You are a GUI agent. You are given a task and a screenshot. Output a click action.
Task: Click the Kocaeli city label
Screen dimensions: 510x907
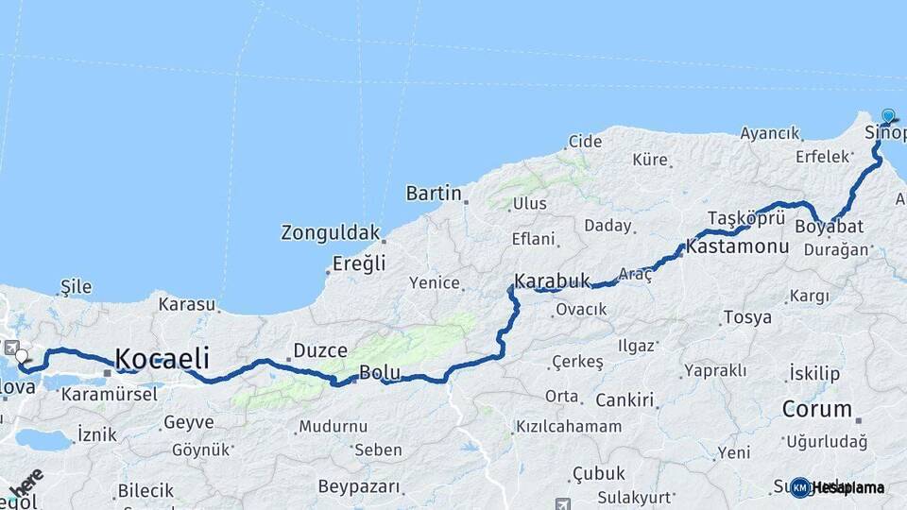pos(162,358)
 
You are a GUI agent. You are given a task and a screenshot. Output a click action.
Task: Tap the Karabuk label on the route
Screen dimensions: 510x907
pos(552,280)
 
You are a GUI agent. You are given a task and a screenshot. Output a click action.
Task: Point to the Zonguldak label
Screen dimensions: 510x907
pos(330,232)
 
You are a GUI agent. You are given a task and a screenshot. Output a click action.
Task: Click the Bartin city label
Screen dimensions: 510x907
pos(433,194)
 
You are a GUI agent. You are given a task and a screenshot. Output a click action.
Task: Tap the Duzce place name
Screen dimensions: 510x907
pos(320,350)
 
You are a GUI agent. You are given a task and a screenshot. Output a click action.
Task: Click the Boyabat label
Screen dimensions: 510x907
pos(829,227)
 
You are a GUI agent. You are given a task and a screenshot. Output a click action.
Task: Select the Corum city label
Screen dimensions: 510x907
pos(817,409)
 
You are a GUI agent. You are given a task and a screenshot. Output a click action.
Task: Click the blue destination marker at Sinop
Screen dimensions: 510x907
pos(888,116)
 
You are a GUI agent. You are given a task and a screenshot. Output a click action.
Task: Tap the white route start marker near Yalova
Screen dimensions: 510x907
pos(21,357)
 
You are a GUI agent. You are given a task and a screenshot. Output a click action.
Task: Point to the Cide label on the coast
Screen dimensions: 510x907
pos(584,142)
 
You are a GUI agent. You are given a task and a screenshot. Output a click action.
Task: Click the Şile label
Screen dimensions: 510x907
pos(76,284)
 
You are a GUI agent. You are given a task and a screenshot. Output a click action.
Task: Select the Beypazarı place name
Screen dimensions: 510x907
pos(359,486)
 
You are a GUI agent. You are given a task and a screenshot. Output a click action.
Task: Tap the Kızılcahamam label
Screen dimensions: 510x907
pos(569,426)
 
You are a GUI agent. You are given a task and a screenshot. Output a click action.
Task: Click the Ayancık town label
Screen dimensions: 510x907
pos(769,133)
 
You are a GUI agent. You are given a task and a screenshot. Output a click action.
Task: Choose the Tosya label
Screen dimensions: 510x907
pos(746,317)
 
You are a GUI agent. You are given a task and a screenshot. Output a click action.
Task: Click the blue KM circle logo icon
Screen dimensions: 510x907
pos(800,487)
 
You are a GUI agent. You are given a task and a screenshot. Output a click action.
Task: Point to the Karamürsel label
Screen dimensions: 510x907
pos(109,394)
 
